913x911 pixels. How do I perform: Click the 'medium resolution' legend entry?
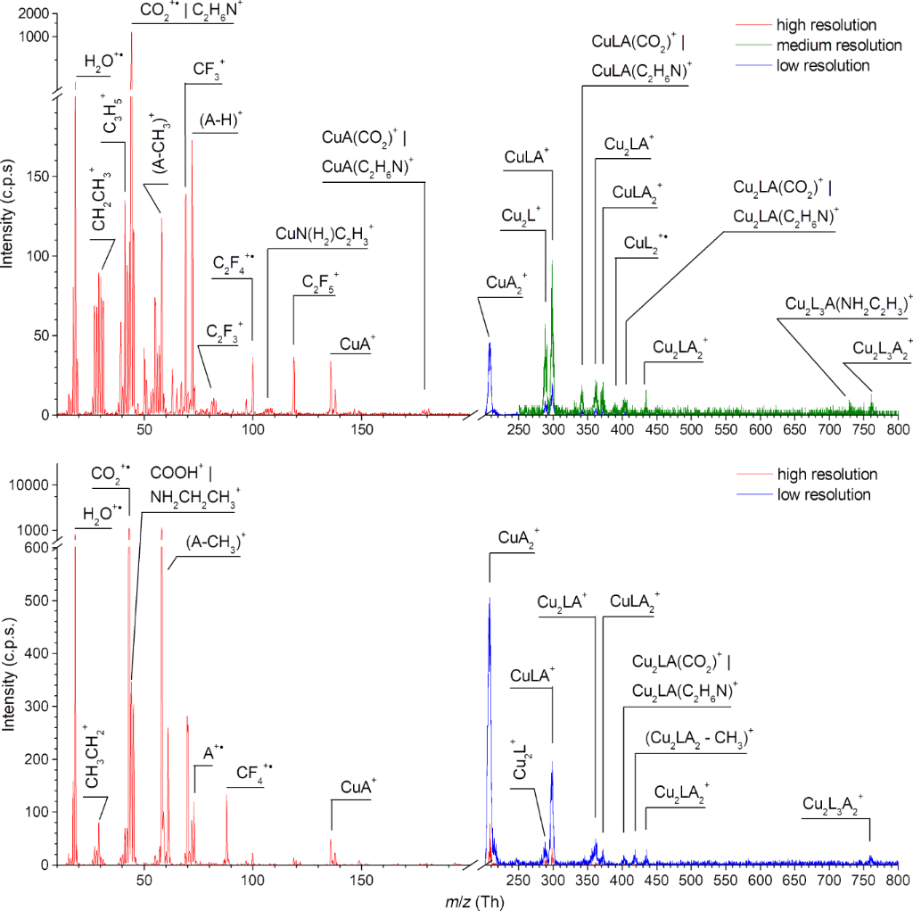click(827, 45)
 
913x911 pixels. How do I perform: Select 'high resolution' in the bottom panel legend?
click(827, 474)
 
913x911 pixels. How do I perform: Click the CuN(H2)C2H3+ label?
click(325, 234)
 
